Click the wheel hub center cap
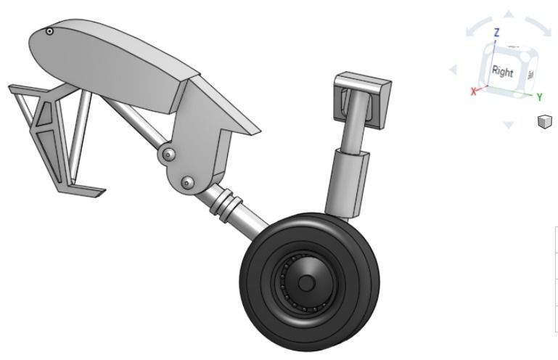coord(306,282)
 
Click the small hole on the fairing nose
coord(49,31)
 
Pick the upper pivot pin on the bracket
coord(168,155)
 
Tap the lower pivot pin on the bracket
coord(187,181)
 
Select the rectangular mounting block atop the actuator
coord(363,94)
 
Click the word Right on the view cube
coord(502,72)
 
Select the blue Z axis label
coord(496,33)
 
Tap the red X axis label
coord(475,91)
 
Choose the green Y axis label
coord(540,96)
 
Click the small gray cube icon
coord(544,121)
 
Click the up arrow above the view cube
coord(509,15)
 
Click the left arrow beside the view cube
coord(454,70)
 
